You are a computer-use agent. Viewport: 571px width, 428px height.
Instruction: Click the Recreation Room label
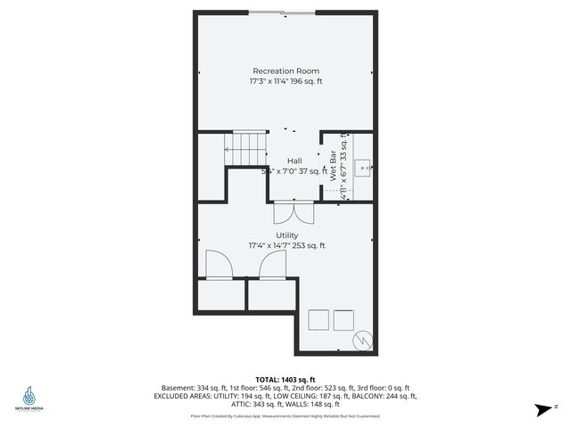click(x=285, y=71)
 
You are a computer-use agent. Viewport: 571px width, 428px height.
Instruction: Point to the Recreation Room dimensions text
click(x=285, y=82)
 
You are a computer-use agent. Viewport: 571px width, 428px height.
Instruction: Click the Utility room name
click(x=286, y=235)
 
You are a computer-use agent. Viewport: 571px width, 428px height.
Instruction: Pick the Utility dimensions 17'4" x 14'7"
click(x=286, y=246)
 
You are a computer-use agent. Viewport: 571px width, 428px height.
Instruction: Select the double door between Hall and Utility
click(x=292, y=214)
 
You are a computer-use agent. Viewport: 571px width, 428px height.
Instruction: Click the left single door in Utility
click(x=219, y=265)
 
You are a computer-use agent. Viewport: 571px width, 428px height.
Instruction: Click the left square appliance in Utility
click(x=318, y=320)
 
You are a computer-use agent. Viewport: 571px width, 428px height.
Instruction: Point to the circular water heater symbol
click(x=364, y=341)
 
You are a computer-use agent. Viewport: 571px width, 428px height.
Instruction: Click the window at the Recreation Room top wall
click(x=280, y=12)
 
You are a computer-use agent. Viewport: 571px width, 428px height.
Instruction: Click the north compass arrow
click(x=542, y=409)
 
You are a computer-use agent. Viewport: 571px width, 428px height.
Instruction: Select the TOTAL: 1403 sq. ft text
click(x=285, y=379)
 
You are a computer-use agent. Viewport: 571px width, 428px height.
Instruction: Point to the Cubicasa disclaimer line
click(x=285, y=416)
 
